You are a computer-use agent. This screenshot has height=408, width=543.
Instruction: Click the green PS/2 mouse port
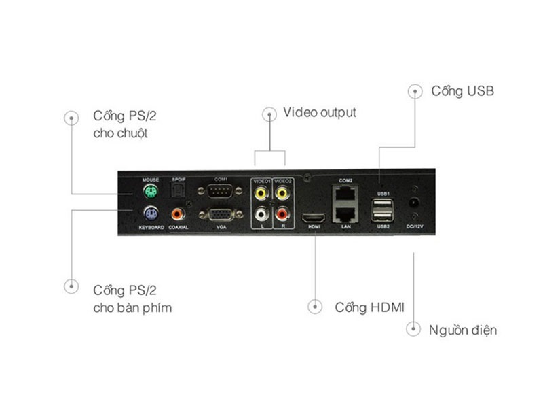point(150,191)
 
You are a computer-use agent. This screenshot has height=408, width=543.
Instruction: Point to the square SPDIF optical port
point(179,191)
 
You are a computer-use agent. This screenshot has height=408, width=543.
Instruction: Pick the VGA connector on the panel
point(221,215)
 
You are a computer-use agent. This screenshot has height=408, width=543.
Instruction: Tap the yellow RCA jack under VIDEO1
point(261,192)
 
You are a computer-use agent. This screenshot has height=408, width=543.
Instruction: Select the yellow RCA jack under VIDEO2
point(282,192)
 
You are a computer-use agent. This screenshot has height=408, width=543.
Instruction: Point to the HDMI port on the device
point(314,217)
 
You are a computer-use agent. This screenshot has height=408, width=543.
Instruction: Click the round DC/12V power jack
point(413,203)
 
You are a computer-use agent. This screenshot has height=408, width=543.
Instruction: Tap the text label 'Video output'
point(320,112)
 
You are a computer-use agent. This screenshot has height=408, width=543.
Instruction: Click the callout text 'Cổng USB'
point(463,90)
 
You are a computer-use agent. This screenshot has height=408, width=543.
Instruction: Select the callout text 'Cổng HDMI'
point(370,307)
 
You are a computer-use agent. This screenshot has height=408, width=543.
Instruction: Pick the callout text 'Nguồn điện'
point(463,330)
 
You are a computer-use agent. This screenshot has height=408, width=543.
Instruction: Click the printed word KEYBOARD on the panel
point(151,227)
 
